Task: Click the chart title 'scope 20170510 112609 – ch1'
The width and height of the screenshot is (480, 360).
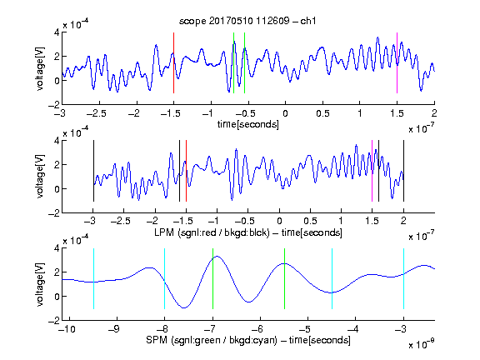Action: (247, 21)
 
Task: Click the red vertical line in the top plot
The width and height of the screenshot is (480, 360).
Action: (173, 62)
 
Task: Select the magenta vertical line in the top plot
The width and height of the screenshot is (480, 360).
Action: (397, 62)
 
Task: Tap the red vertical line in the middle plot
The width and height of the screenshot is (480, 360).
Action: (186, 171)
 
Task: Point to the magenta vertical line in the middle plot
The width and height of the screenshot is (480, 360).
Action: (372, 171)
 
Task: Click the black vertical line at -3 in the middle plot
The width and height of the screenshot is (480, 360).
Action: (93, 171)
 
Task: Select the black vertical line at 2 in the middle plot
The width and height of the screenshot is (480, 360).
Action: (403, 171)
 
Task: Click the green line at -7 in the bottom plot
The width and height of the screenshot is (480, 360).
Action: (212, 278)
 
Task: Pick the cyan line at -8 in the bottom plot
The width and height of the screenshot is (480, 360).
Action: (165, 278)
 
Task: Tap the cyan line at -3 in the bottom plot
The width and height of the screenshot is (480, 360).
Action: (403, 278)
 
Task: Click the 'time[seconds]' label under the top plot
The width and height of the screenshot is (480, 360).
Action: (248, 124)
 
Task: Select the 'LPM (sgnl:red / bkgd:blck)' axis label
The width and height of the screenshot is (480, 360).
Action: (212, 232)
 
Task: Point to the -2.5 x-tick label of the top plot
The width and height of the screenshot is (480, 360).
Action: (96, 113)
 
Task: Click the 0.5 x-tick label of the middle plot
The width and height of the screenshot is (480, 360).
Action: (310, 221)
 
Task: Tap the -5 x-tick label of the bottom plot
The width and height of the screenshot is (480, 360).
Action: (304, 329)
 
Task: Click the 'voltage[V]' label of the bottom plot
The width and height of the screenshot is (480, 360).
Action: (40, 284)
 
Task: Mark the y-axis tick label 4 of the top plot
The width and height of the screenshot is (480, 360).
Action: (57, 32)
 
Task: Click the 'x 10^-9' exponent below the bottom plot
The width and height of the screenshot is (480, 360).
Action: (421, 344)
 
